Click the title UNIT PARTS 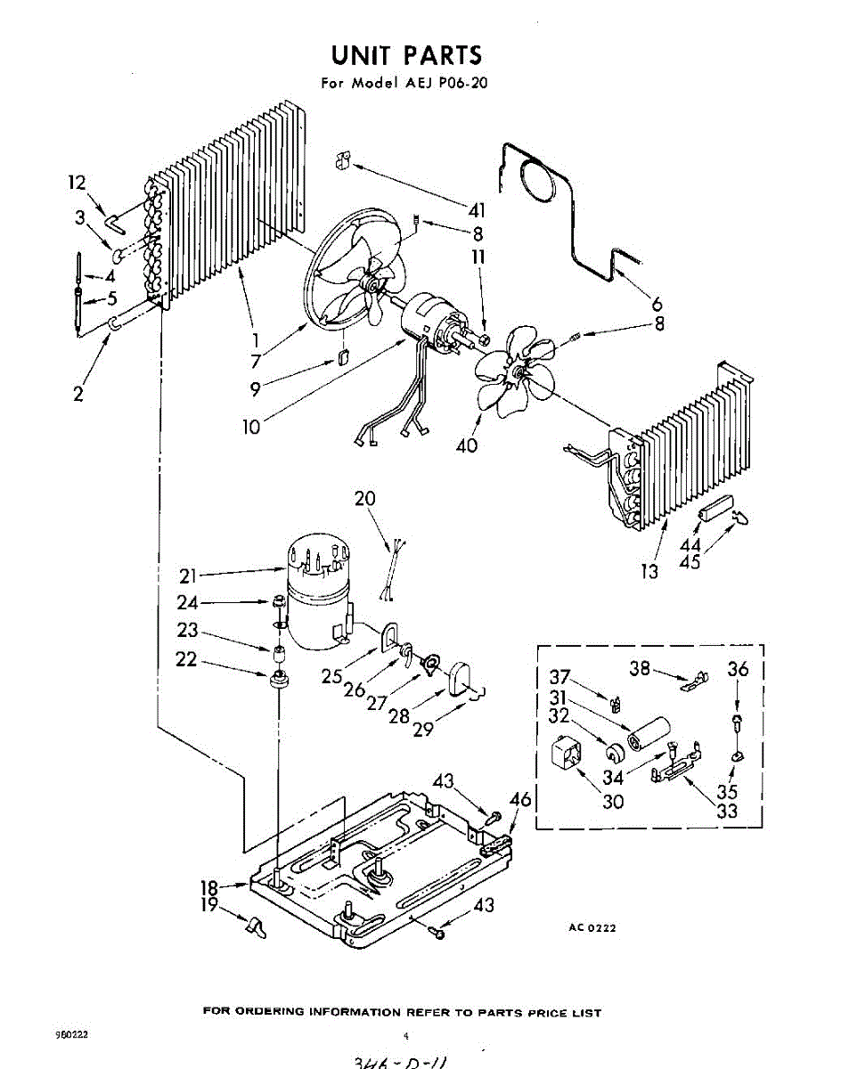click(406, 55)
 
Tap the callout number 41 click(478, 211)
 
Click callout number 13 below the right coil click(650, 571)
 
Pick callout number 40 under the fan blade click(467, 445)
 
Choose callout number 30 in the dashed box click(612, 801)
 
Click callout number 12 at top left click(78, 184)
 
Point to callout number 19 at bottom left click(209, 907)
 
